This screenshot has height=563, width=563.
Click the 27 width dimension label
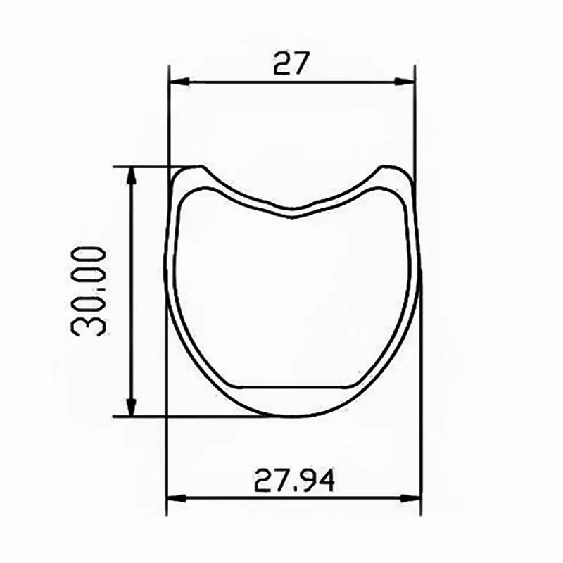point(291,63)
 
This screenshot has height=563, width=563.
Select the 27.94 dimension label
point(294,481)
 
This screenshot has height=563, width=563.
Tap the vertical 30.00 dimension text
point(89,291)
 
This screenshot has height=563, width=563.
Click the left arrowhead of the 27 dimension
point(179,82)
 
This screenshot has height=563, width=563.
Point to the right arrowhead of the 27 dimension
point(404,82)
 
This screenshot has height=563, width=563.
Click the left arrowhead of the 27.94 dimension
point(177,499)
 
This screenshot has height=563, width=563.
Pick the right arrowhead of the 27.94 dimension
point(410,499)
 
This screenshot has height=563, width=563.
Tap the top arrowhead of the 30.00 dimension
point(132,177)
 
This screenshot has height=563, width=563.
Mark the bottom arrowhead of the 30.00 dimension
point(132,406)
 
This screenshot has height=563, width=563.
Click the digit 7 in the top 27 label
point(301,63)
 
